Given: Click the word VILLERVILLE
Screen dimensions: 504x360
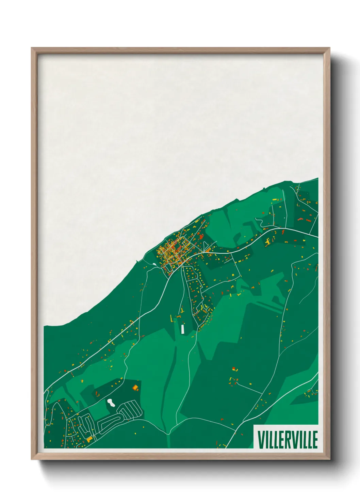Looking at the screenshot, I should coord(288,440).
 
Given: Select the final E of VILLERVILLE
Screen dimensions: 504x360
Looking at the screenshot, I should coord(315,440).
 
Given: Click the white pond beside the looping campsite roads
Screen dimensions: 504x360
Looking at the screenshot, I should coord(111,403).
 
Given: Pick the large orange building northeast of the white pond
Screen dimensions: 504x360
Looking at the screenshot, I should coord(135,387).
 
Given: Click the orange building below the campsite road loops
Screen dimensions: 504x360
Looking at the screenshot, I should coord(89,440).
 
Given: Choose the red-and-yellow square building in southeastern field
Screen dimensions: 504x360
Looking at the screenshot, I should coord(234,369).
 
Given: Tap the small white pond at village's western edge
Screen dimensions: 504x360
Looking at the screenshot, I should coord(154,264).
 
